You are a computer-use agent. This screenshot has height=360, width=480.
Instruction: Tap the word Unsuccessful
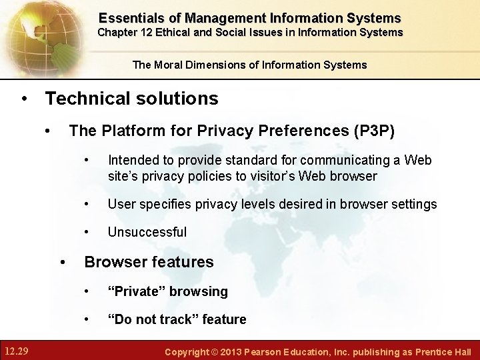tap(147, 232)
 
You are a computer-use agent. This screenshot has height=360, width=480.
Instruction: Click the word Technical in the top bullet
tap(84, 99)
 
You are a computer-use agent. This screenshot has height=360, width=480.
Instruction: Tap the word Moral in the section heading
tap(174, 65)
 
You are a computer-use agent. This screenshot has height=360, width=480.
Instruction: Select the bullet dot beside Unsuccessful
tap(87, 232)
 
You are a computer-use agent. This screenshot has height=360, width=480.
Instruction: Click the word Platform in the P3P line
tap(131, 131)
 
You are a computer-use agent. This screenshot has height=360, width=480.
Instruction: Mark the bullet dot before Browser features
tap(63, 262)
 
